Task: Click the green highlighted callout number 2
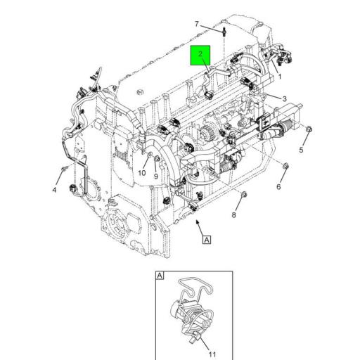200,54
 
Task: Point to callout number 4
53,190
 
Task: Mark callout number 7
197,25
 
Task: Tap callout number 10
141,174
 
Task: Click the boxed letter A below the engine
207,240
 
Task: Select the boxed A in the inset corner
160,276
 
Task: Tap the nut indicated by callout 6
287,167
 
